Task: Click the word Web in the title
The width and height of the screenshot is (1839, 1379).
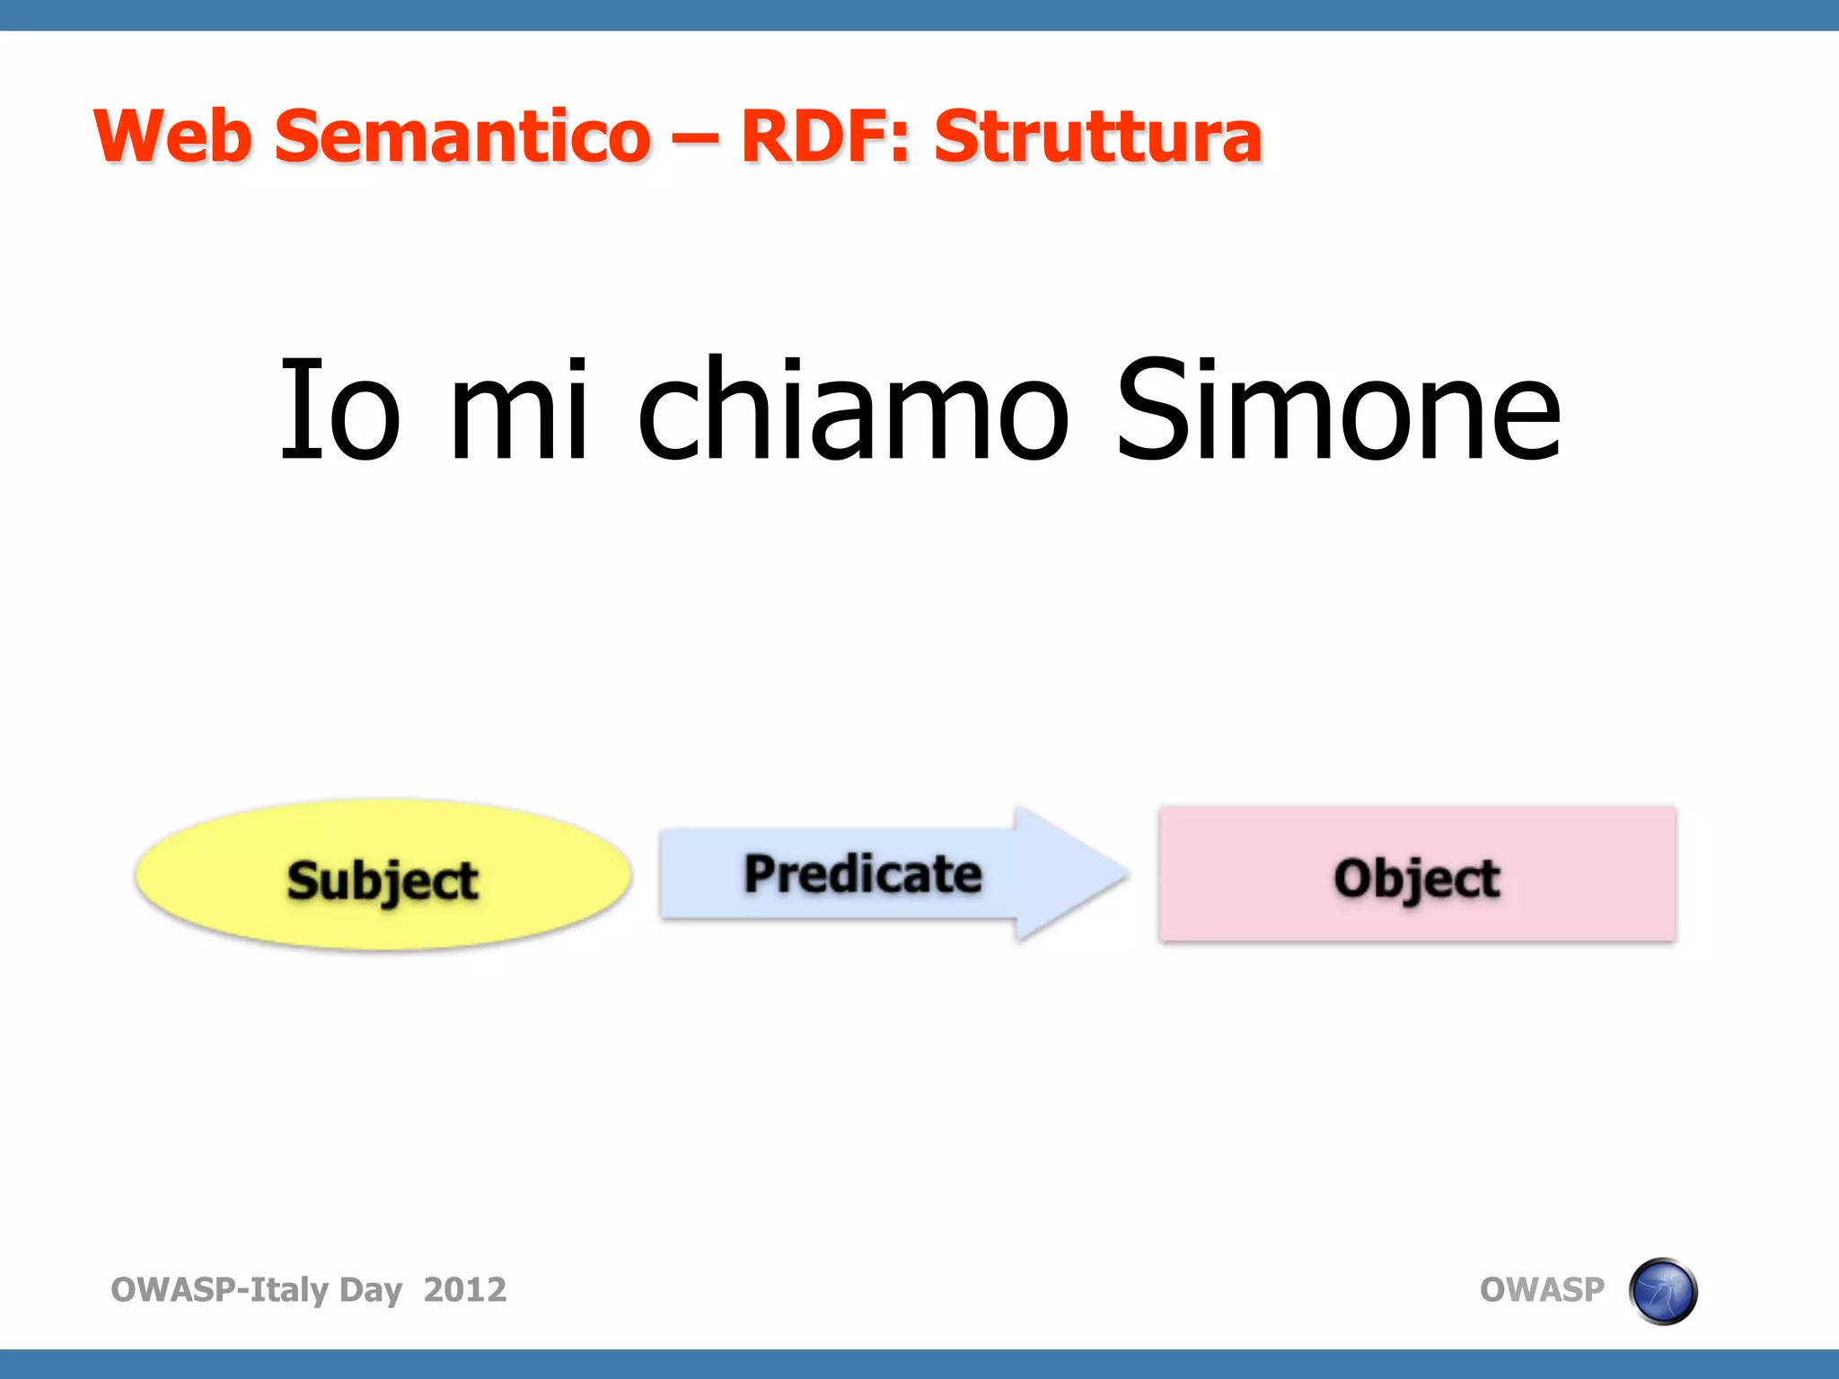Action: tap(172, 136)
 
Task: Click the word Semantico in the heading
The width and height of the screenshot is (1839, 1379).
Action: tap(462, 136)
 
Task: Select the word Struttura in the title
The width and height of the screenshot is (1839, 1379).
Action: tap(1097, 136)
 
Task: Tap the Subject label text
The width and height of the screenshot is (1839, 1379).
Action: tap(382, 880)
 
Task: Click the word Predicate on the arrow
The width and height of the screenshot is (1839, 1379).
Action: tap(862, 874)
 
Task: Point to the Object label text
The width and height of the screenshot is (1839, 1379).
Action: tap(1416, 878)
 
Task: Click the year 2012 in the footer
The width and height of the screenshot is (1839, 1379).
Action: tap(464, 1289)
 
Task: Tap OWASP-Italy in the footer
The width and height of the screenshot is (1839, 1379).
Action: tap(220, 1289)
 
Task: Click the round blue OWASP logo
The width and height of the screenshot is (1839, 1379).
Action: tap(1662, 1291)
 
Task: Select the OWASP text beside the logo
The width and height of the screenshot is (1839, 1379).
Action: tap(1541, 1289)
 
